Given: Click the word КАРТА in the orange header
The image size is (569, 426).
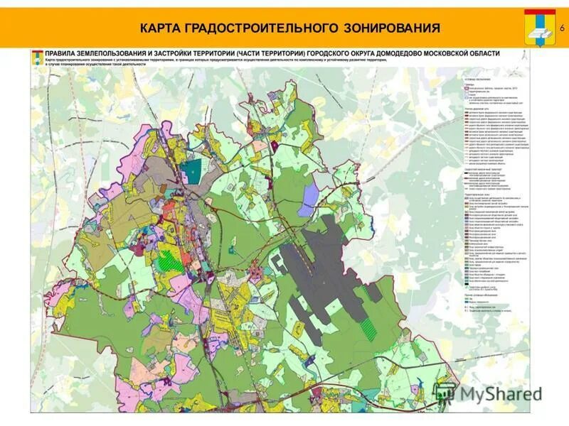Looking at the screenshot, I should point(160,28).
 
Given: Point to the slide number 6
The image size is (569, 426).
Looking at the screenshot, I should point(562,28).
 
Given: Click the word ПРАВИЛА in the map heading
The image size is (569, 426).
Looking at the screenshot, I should point(62,53).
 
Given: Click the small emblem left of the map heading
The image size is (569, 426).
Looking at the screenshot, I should point(36,55).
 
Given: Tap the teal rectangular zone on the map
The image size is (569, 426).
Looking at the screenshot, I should point(190,171).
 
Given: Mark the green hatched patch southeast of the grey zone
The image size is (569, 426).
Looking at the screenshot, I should point(369,327).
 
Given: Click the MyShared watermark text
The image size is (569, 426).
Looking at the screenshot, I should point(498,393).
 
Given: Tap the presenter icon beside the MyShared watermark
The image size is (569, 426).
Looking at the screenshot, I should point(445,392).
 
